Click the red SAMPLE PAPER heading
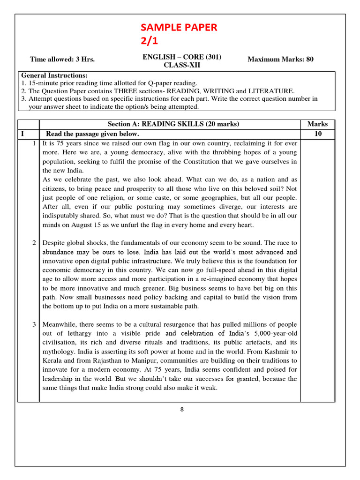180,27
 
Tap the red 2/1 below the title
150,41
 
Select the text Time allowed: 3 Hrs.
62,59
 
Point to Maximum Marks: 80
280,59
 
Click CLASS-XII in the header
181,65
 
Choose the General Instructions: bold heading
54,75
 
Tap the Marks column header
317,124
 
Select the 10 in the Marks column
317,134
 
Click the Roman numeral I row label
22,134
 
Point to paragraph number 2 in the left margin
34,243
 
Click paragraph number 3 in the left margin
34,324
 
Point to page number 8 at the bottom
182,409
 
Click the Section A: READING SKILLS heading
173,124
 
